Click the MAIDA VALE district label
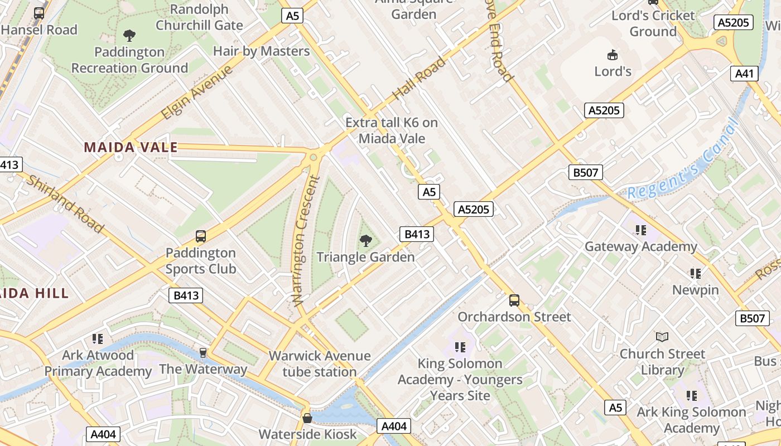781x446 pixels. pyautogui.click(x=131, y=148)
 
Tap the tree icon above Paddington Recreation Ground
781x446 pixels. pyautogui.click(x=129, y=36)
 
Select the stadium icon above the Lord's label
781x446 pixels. pyautogui.click(x=613, y=55)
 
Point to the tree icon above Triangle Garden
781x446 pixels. pyautogui.click(x=366, y=241)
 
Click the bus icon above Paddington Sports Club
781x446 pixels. pyautogui.click(x=201, y=236)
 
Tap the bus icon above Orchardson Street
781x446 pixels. pyautogui.click(x=514, y=300)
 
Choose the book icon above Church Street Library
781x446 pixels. pyautogui.click(x=662, y=337)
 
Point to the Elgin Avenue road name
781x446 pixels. pyautogui.click(x=197, y=92)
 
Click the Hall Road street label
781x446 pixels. pyautogui.click(x=420, y=78)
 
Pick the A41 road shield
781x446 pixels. pyautogui.click(x=744, y=73)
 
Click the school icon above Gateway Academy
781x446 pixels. pyautogui.click(x=640, y=230)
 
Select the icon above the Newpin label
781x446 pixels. pyautogui.click(x=695, y=273)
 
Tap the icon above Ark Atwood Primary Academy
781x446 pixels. pyautogui.click(x=98, y=338)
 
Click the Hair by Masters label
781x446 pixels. pyautogui.click(x=261, y=51)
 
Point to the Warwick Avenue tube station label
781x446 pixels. pyautogui.click(x=320, y=363)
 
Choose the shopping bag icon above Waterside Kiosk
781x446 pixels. pyautogui.click(x=307, y=418)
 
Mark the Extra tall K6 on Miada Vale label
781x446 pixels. pyautogui.click(x=392, y=130)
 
